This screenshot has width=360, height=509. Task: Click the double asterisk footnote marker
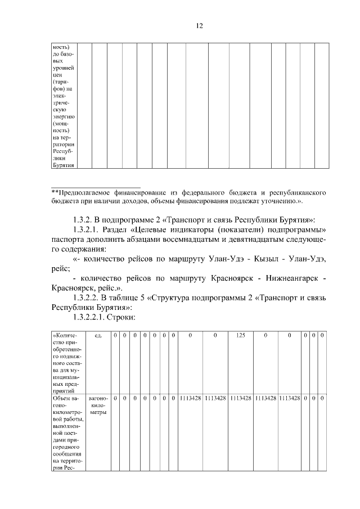(55, 192)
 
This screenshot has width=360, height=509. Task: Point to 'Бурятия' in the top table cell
(62, 165)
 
